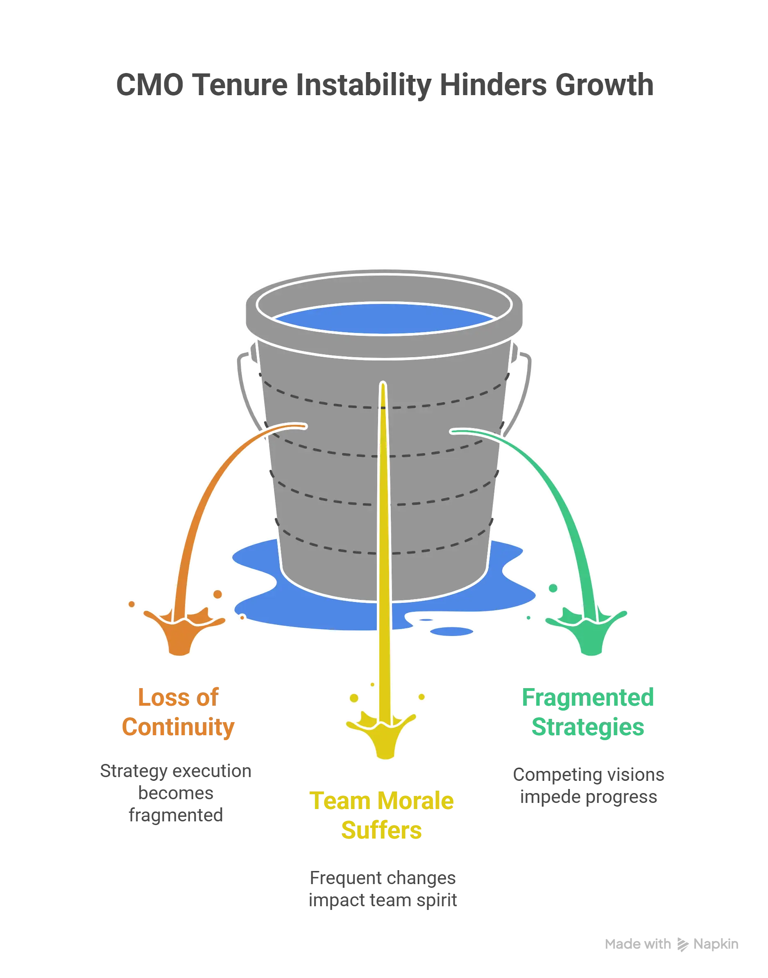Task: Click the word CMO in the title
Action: click(x=149, y=84)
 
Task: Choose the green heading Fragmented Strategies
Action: click(x=588, y=712)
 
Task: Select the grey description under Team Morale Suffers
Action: click(x=383, y=889)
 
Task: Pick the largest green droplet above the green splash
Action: click(x=553, y=588)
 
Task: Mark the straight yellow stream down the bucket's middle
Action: click(x=383, y=540)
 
